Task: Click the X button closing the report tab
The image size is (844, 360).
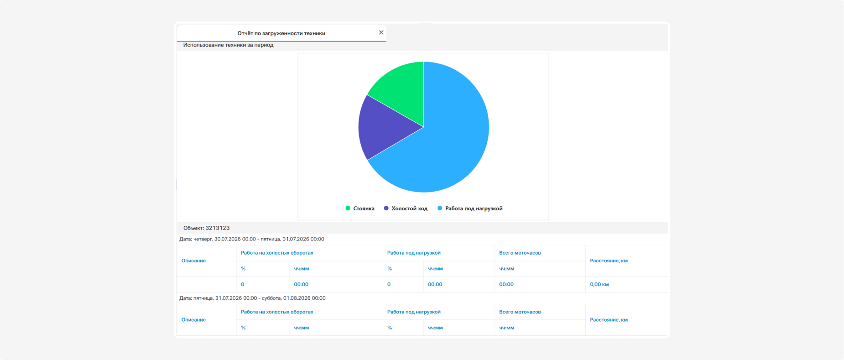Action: click(381, 32)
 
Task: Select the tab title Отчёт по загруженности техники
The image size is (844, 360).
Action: click(281, 33)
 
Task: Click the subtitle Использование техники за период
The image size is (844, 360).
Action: click(228, 45)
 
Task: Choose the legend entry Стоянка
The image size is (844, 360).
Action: click(360, 209)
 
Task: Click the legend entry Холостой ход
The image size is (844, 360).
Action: click(406, 209)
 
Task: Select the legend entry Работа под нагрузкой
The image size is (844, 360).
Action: click(470, 209)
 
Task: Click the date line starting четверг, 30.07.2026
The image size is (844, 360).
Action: click(252, 239)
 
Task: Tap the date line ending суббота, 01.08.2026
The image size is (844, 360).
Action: click(252, 298)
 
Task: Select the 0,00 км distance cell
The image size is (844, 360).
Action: click(599, 284)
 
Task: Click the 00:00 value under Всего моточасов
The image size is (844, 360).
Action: click(506, 284)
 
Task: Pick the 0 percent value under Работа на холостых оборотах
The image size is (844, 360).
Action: click(242, 284)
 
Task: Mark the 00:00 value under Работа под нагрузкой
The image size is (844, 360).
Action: click(435, 284)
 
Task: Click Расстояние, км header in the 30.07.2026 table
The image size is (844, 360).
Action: click(609, 261)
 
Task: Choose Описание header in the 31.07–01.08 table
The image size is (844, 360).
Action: click(193, 320)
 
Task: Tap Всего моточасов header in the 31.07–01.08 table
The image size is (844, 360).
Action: click(520, 312)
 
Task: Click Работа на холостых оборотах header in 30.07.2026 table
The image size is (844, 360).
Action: click(277, 253)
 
